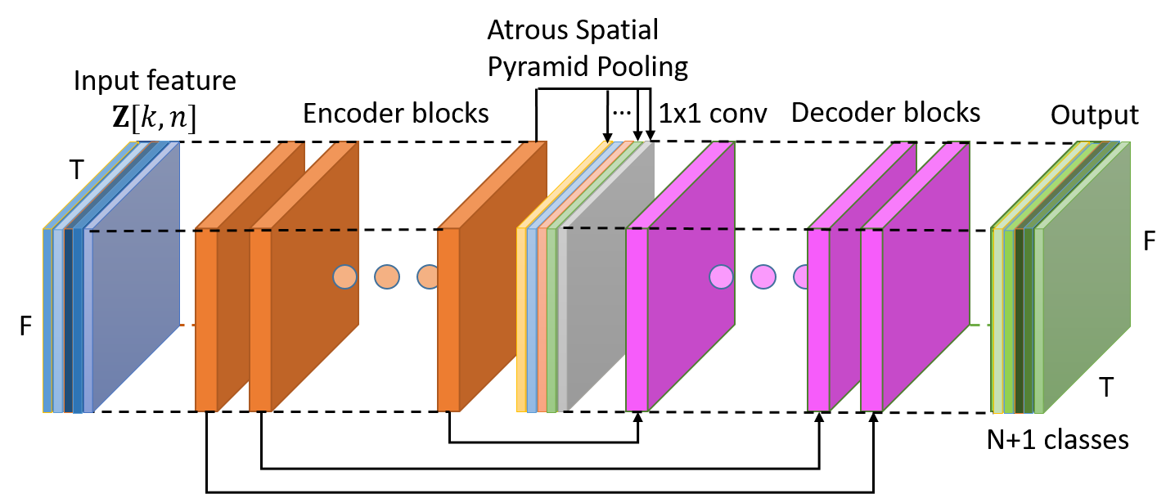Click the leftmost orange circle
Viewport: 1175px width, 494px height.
[344, 276]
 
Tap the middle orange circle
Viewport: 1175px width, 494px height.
[387, 276]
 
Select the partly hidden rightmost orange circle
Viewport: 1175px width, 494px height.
[426, 276]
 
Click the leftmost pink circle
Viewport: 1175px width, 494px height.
[721, 276]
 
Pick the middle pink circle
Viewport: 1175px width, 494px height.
[763, 276]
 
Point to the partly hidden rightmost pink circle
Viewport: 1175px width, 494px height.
[801, 276]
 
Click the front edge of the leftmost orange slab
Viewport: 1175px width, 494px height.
[205, 319]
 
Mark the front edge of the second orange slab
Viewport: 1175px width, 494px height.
[260, 319]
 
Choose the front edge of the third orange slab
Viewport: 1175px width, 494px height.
[448, 319]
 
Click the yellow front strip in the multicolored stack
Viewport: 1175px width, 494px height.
[521, 319]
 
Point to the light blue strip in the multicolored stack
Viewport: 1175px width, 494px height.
[532, 319]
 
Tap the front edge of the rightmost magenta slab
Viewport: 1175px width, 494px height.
[871, 319]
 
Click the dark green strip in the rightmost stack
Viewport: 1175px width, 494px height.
[1019, 319]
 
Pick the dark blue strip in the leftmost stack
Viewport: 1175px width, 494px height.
[78, 319]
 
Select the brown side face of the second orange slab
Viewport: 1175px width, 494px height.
[314, 278]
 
